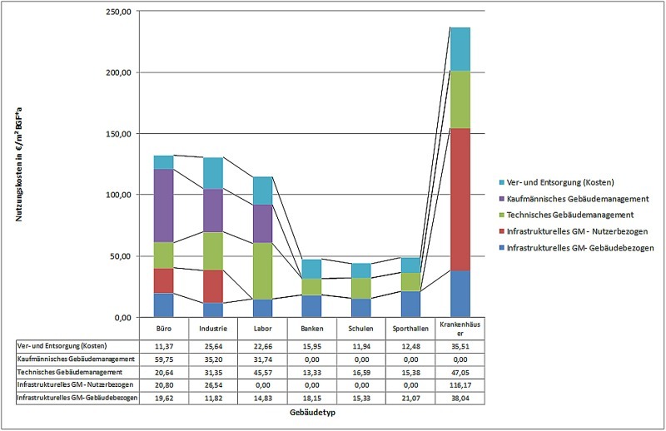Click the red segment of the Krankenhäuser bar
tap(460, 200)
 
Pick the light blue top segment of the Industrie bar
tap(212, 173)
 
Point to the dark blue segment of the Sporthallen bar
tap(410, 304)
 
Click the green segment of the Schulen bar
tap(360, 288)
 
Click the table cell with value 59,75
tap(163, 359)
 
